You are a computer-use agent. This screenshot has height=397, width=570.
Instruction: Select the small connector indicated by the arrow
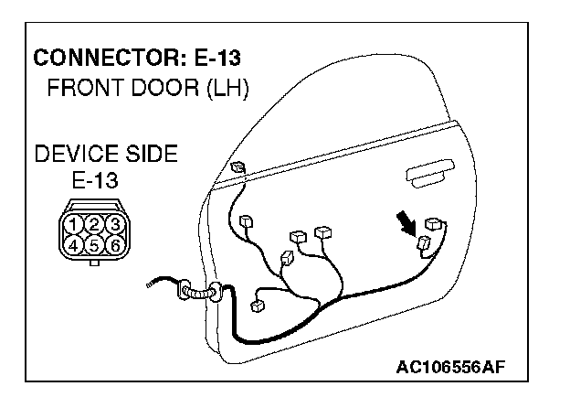tap(425, 243)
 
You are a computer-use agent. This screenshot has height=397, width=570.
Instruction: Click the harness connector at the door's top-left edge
tap(238, 167)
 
